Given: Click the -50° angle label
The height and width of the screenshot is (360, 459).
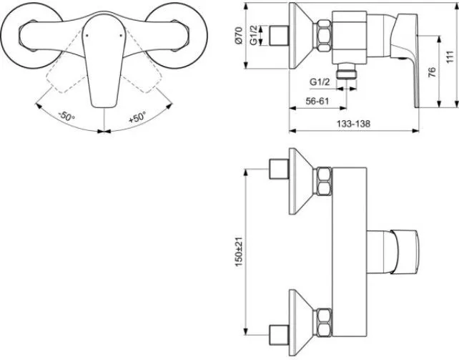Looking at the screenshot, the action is [66, 116].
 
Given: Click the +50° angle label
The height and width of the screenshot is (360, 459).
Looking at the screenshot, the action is [137, 117].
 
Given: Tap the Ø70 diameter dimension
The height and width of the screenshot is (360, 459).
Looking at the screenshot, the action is [239, 36].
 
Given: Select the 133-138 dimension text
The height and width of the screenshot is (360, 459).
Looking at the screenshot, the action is [353, 124].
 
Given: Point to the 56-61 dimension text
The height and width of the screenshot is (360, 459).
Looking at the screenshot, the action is [317, 102].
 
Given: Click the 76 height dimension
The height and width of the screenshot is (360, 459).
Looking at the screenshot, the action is [432, 72].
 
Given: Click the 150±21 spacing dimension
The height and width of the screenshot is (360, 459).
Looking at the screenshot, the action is [239, 251].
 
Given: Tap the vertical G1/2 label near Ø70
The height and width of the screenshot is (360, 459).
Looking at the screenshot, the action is [254, 35].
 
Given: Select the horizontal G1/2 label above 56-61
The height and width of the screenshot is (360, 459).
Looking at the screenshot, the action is [320, 82].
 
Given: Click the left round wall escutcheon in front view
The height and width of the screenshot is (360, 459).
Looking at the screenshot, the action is [31, 36].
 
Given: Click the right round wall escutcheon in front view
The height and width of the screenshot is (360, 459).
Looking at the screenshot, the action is [176, 36].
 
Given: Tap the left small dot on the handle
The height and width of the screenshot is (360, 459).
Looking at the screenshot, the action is [87, 36].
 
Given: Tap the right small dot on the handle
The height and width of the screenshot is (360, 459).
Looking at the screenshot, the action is [122, 36].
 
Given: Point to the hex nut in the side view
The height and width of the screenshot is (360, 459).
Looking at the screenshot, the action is [324, 36].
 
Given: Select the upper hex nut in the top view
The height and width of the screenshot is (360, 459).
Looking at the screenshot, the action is [324, 181].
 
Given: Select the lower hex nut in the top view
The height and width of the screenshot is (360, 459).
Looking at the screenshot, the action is [324, 322].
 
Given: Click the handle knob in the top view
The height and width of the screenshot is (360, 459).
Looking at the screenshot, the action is [405, 252].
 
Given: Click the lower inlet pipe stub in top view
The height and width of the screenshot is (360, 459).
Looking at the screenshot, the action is [280, 335].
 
